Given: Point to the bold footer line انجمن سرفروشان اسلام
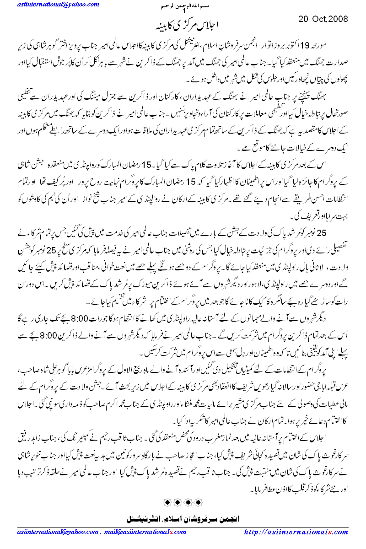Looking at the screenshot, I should [x=183, y=519].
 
